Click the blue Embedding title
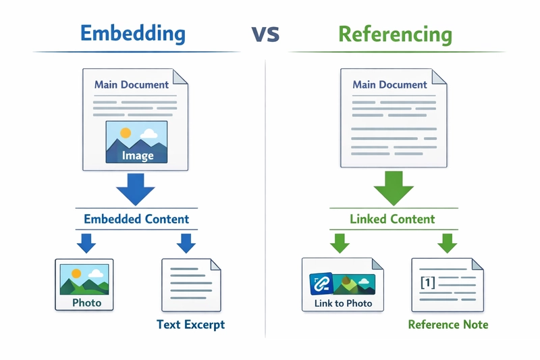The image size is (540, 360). pyautogui.click(x=132, y=34)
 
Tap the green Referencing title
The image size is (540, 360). pyautogui.click(x=395, y=34)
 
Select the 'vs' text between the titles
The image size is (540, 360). pyautogui.click(x=265, y=34)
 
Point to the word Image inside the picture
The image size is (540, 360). pyautogui.click(x=137, y=155)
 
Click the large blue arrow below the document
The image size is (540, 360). pyautogui.click(x=136, y=188)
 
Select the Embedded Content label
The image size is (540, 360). pyautogui.click(x=136, y=219)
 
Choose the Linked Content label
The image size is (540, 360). pyautogui.click(x=392, y=219)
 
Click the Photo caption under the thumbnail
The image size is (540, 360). pyautogui.click(x=86, y=303)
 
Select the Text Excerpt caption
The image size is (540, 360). pyautogui.click(x=190, y=325)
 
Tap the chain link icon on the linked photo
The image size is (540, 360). pyautogui.click(x=321, y=284)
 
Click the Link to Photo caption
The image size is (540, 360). pyautogui.click(x=343, y=303)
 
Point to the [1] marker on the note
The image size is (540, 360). pyautogui.click(x=427, y=282)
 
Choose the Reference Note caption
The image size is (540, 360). pyautogui.click(x=448, y=325)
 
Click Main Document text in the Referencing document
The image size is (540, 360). pyautogui.click(x=389, y=85)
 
